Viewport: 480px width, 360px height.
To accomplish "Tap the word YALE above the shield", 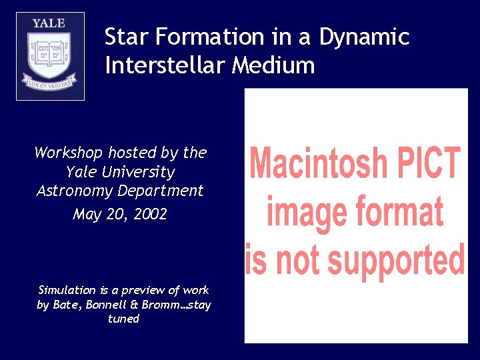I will [50, 23].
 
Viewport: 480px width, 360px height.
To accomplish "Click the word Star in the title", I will [125, 37].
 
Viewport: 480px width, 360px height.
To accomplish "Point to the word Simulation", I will [67, 290].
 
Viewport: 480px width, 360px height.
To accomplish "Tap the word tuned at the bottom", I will [123, 319].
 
